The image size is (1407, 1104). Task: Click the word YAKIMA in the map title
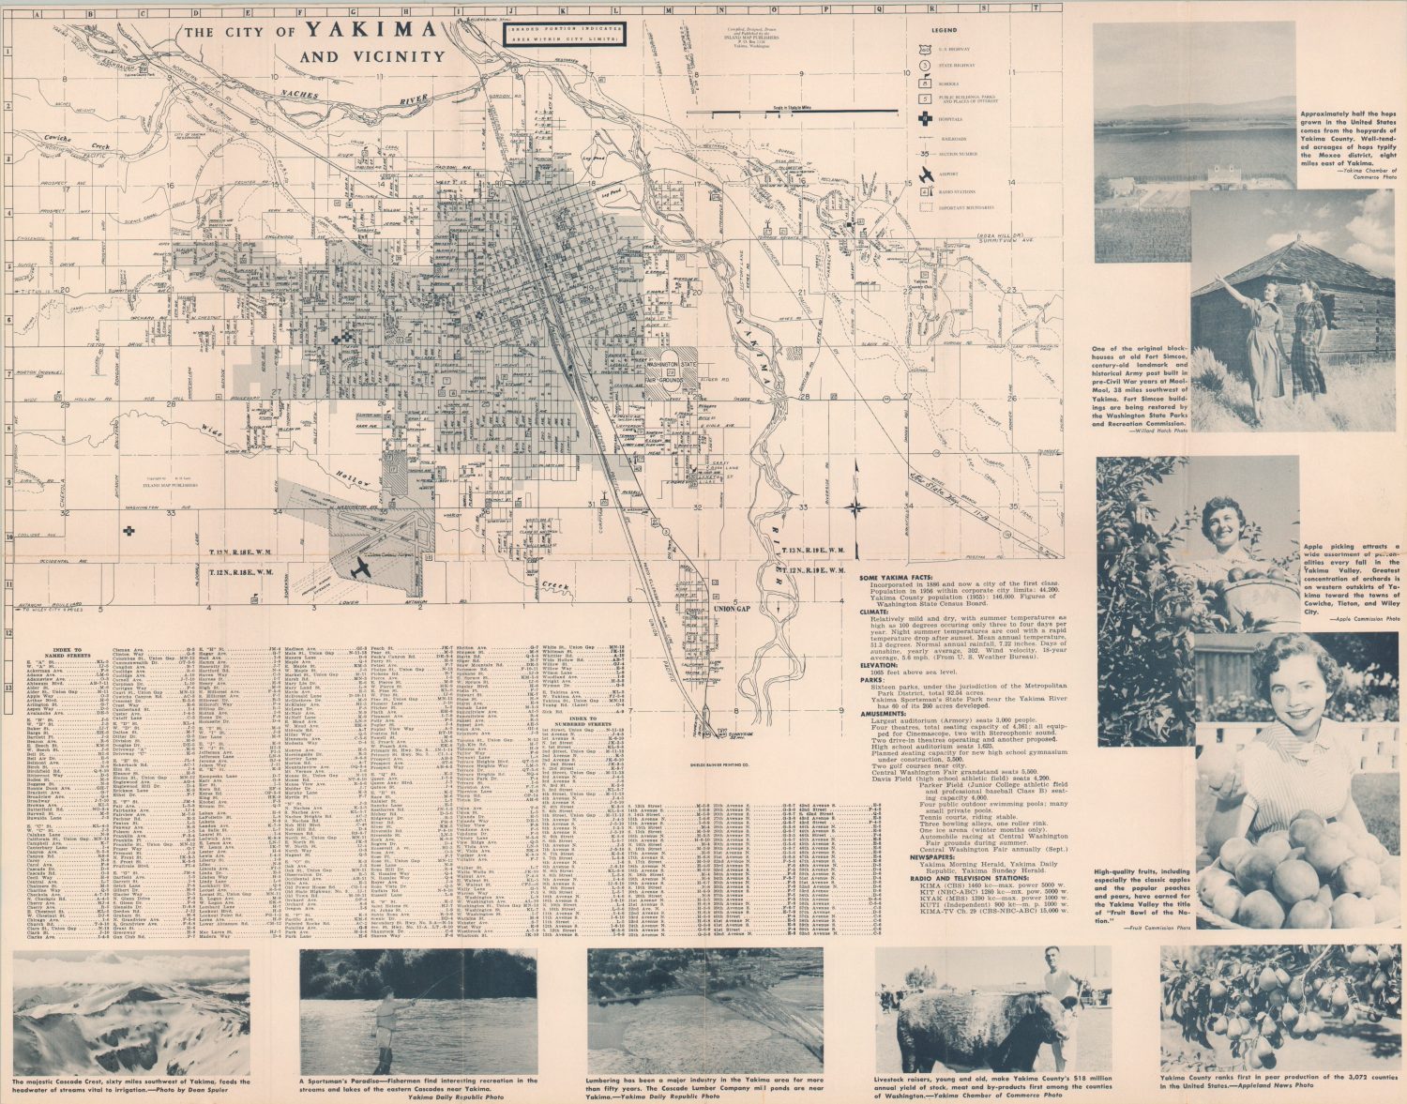point(372,29)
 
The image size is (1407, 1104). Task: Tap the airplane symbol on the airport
point(360,567)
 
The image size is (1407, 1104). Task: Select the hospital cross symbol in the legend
point(926,119)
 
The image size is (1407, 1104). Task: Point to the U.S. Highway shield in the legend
point(926,48)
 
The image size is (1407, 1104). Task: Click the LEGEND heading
point(926,29)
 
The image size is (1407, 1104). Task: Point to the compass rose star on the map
point(855,508)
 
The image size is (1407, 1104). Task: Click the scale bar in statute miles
point(779,111)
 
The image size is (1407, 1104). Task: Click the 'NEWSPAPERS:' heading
point(937,856)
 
